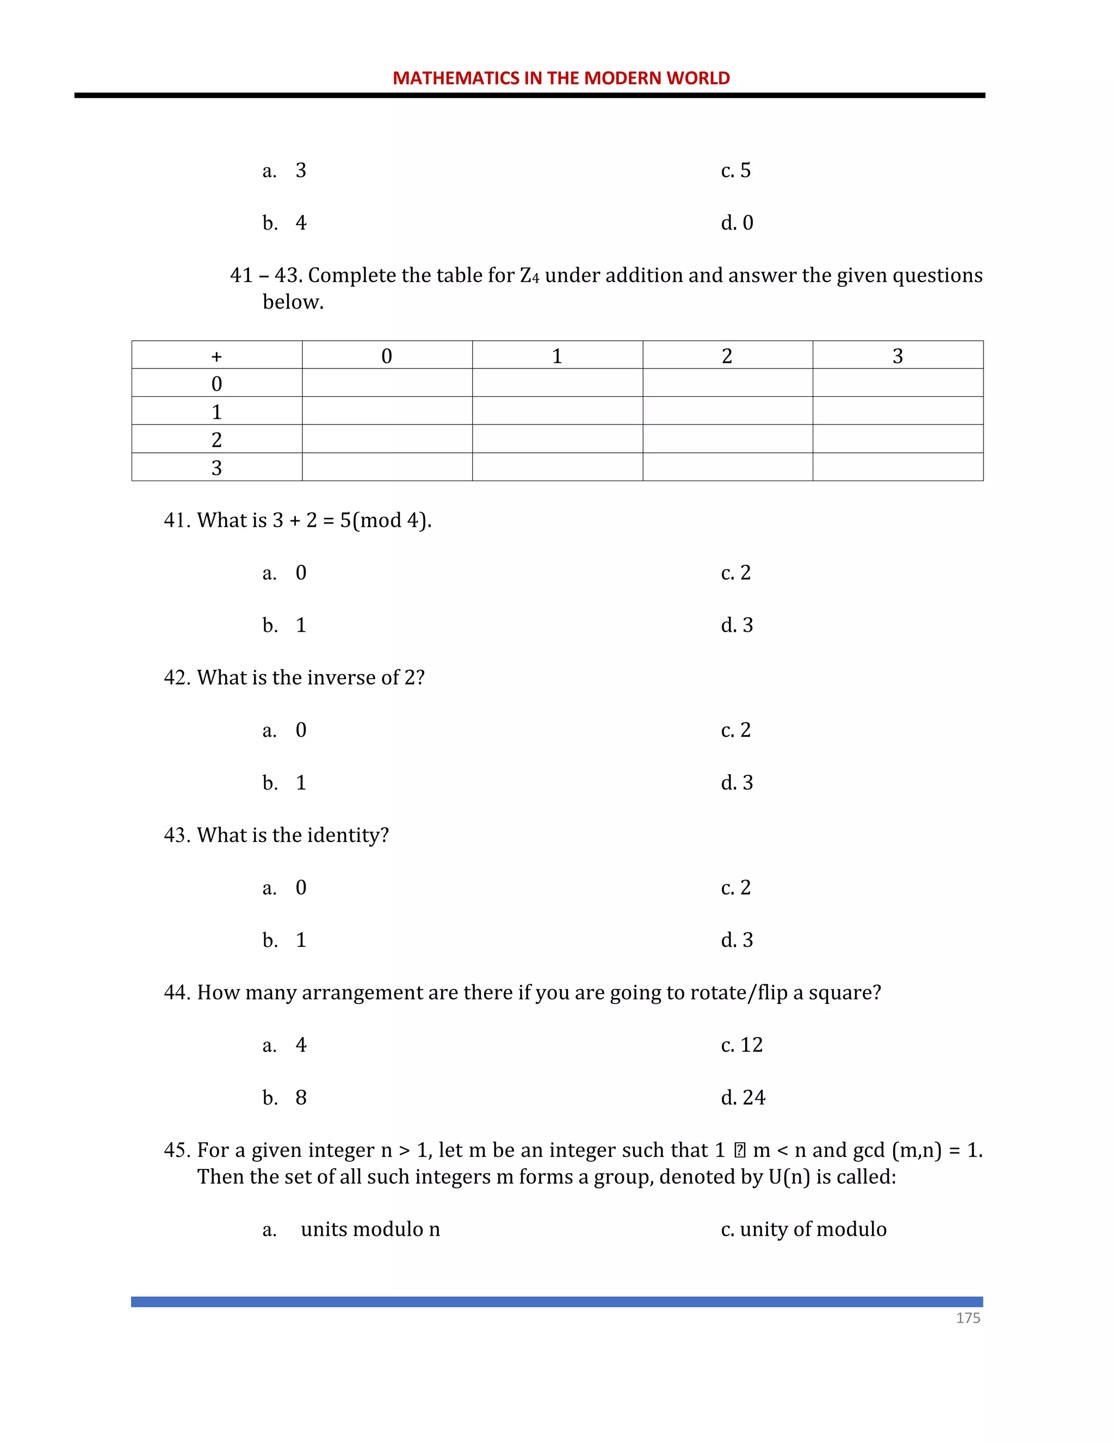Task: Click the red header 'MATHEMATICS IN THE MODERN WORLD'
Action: coord(561,78)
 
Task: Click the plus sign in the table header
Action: coord(216,356)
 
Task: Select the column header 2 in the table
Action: coord(727,356)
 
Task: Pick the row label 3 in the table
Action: coord(216,467)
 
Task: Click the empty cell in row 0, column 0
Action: coord(387,383)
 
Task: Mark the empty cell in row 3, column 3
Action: coord(898,467)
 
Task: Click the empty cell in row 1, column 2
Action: coord(727,411)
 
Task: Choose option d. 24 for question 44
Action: coord(742,1098)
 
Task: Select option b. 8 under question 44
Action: coord(285,1098)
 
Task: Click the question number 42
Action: coord(176,677)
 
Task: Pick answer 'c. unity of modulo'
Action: coord(803,1229)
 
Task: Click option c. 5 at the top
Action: coord(735,170)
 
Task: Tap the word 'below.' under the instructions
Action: coord(293,302)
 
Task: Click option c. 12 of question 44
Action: coord(741,1045)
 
